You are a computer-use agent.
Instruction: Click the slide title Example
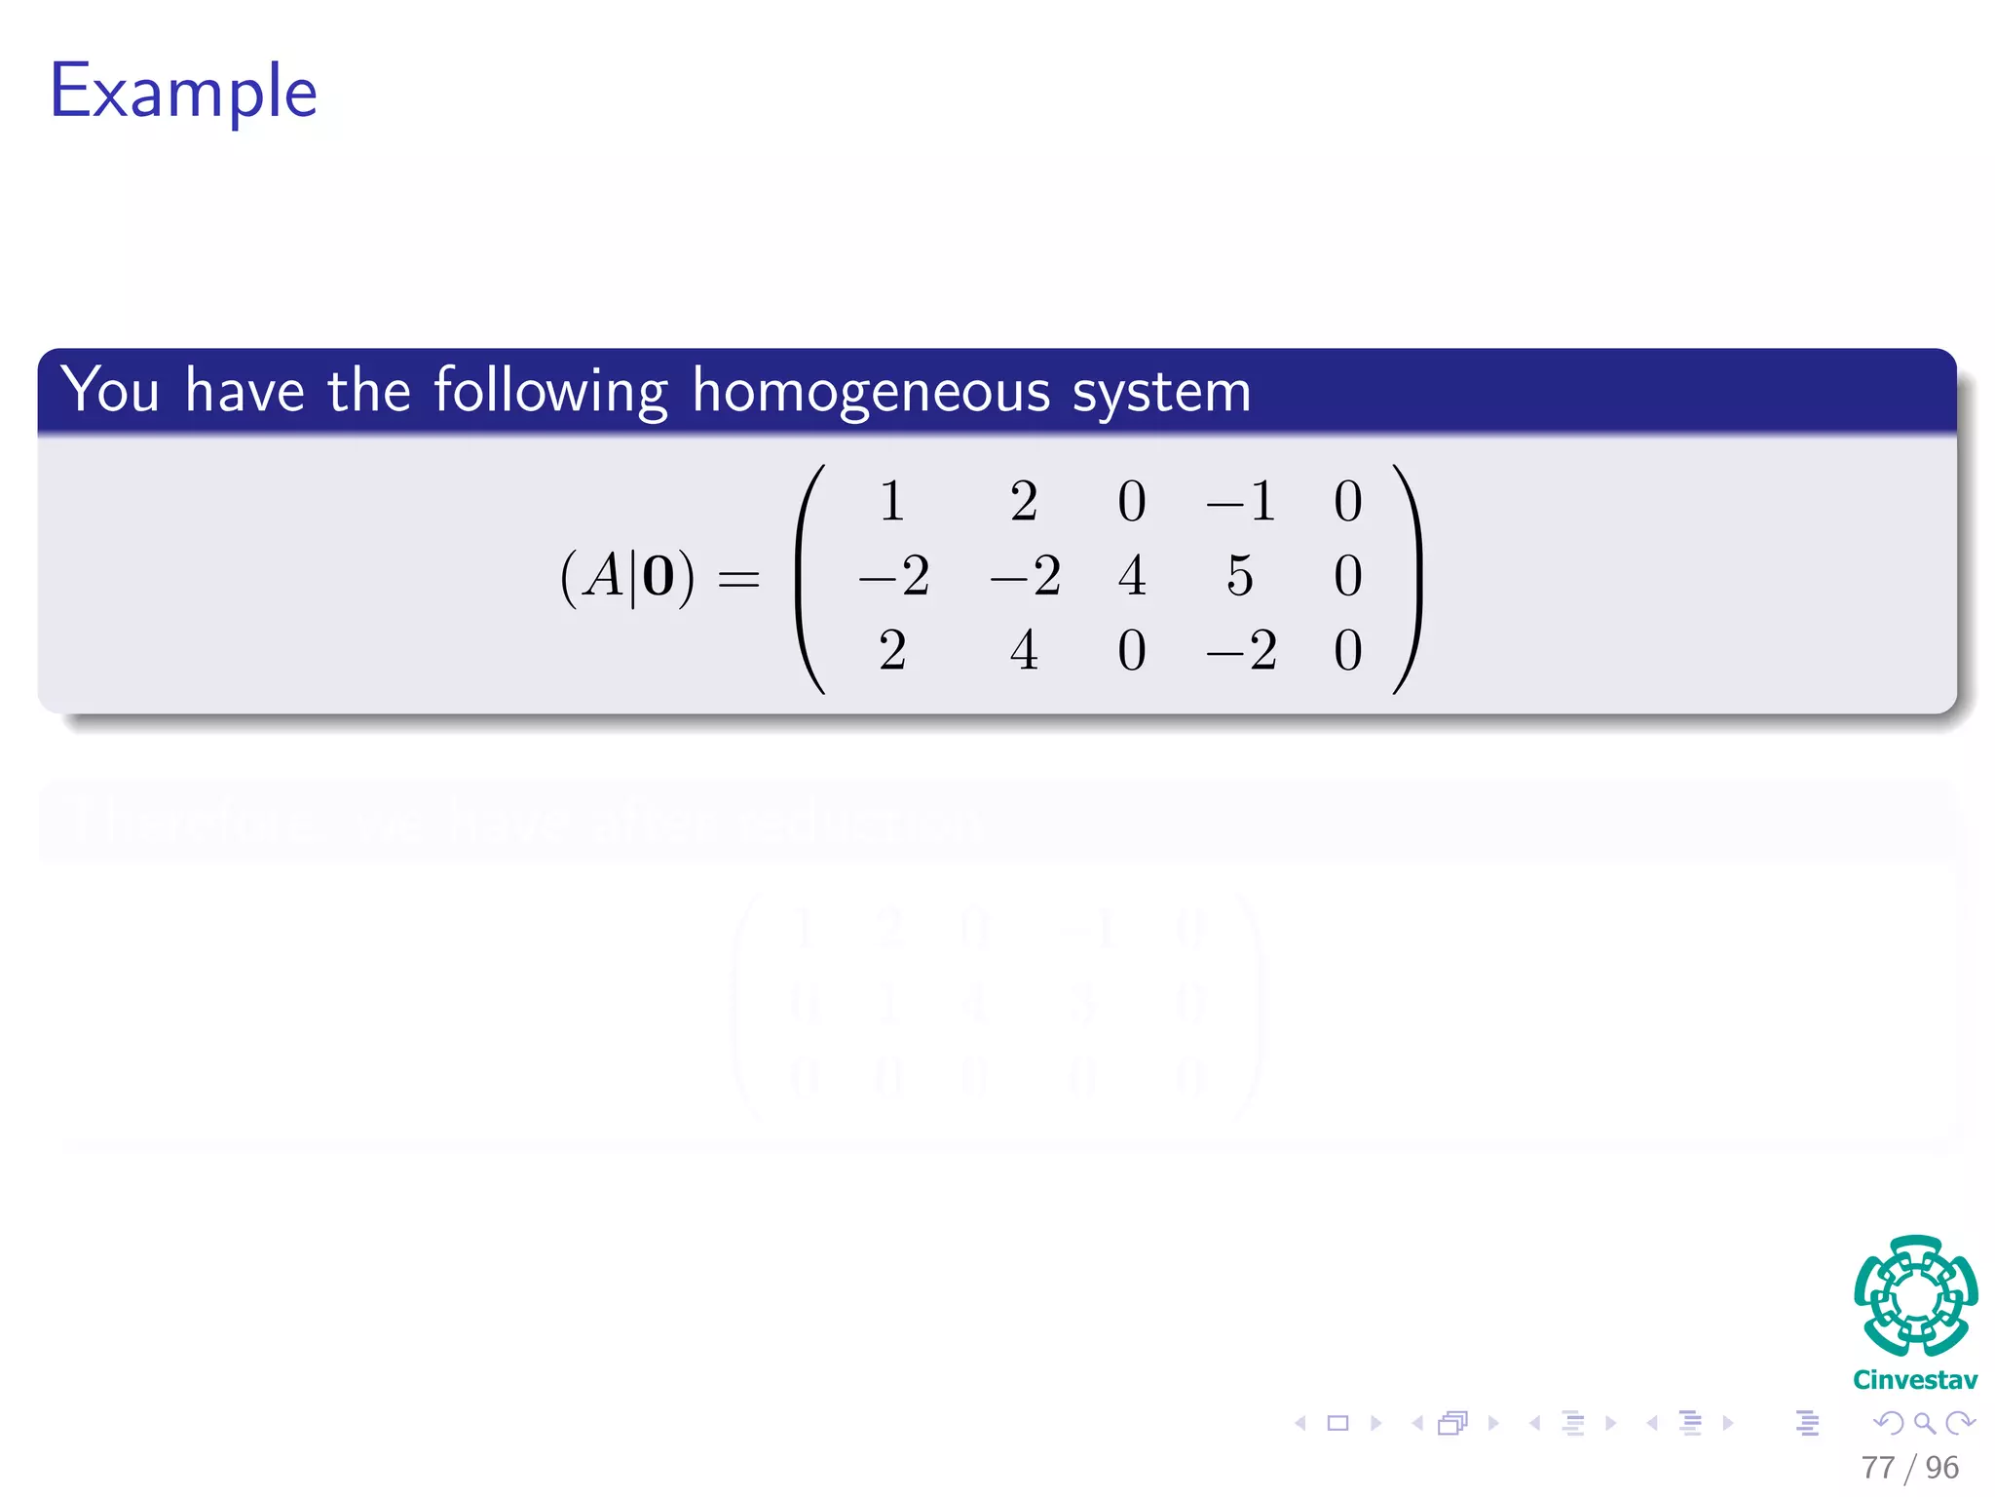point(183,92)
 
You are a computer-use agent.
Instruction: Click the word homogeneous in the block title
point(871,392)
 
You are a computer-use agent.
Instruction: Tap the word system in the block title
point(1161,392)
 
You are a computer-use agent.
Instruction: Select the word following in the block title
point(550,392)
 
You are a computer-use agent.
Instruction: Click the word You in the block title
point(110,390)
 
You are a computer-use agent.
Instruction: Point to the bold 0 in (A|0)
point(659,577)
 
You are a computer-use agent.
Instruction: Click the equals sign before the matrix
point(738,579)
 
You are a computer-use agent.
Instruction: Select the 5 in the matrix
point(1239,576)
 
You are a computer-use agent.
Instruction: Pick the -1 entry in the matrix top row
point(1240,502)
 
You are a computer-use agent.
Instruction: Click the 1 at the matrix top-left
point(891,502)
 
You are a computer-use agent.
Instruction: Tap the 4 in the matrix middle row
point(1131,576)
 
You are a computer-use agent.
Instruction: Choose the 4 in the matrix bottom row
point(1024,650)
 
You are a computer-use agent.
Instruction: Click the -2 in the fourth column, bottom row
point(1240,650)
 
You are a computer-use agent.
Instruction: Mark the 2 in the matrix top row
point(1024,502)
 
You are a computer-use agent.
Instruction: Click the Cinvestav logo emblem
point(1915,1295)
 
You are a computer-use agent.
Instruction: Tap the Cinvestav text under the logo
point(1915,1380)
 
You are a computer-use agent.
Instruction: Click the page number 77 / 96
point(1909,1467)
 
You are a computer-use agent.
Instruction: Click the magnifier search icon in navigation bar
point(1924,1423)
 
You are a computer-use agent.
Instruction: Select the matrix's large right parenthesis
point(1409,579)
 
